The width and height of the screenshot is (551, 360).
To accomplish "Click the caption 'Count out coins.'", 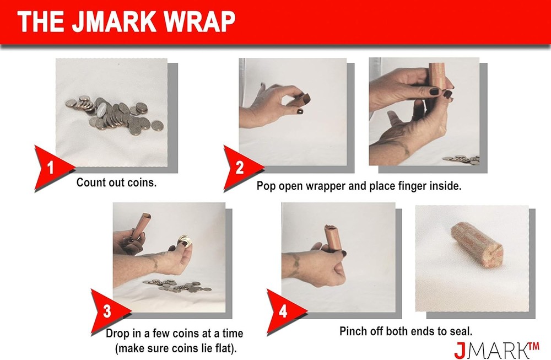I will point(116,182).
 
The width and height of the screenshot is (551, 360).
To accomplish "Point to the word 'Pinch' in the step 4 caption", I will point(353,331).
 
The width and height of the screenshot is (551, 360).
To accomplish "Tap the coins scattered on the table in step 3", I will point(176,286).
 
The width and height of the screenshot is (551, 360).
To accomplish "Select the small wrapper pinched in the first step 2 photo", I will point(301,100).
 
